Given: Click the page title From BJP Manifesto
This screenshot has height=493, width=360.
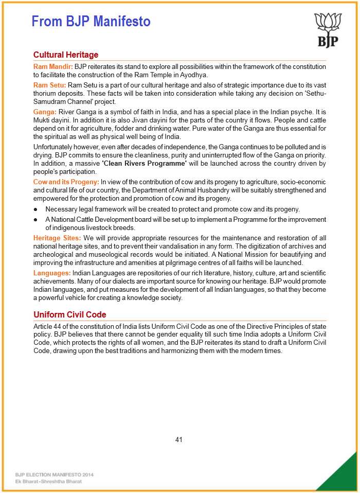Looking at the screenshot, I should coord(91,22).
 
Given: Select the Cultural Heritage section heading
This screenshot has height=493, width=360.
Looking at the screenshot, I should coord(66,55).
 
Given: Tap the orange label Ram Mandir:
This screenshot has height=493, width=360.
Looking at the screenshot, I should coord(53,66).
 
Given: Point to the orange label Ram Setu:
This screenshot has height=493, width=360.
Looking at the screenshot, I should coord(50,84).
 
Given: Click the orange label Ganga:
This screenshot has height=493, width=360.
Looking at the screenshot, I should coord(45,112).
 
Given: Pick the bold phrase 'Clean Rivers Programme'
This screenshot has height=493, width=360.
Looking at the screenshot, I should coord(144,164).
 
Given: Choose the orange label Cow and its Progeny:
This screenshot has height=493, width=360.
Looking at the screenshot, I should coord(66,182).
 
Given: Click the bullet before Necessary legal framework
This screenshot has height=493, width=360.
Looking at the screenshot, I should coord(35,209).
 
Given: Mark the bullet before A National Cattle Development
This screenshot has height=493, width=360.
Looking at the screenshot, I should coord(35,220).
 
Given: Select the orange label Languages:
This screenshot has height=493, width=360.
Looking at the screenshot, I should coord(52,273).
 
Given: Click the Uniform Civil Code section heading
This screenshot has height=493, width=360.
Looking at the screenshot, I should coord(70,314).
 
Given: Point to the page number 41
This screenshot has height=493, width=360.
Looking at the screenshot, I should coord(179,439).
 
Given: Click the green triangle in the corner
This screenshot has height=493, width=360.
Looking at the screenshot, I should coord(342,476).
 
